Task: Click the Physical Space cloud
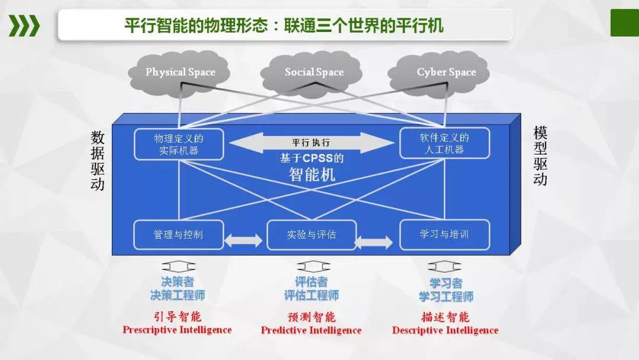pyautogui.click(x=180, y=72)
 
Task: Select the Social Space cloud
pyautogui.click(x=314, y=72)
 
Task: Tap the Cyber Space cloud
pyautogui.click(x=446, y=72)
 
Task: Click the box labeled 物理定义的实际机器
pyautogui.click(x=179, y=144)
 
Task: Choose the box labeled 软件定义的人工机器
pyautogui.click(x=444, y=143)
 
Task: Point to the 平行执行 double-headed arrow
pyautogui.click(x=311, y=143)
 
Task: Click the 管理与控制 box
pyautogui.click(x=178, y=234)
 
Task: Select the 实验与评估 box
pyautogui.click(x=311, y=234)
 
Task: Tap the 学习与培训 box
pyautogui.click(x=444, y=234)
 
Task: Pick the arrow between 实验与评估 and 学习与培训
pyautogui.click(x=374, y=242)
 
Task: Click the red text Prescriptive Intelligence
pyautogui.click(x=177, y=330)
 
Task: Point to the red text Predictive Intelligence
pyautogui.click(x=311, y=330)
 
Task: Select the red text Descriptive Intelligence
pyautogui.click(x=445, y=330)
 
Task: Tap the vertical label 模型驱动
pyautogui.click(x=540, y=156)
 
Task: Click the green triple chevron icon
pyautogui.click(x=24, y=25)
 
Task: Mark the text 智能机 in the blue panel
pyautogui.click(x=312, y=174)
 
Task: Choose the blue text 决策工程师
pyautogui.click(x=177, y=295)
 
